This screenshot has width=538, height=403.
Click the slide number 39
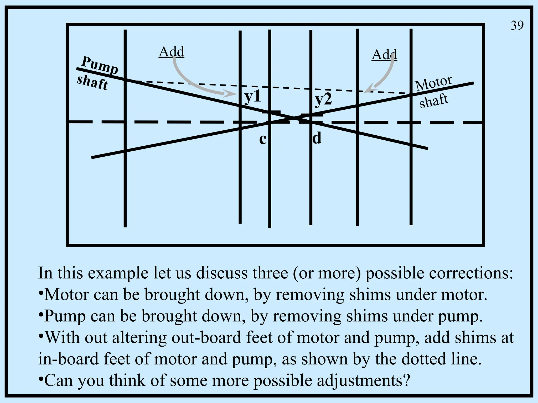(517, 25)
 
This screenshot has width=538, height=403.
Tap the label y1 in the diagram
(253, 97)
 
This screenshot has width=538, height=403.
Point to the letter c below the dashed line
(263, 139)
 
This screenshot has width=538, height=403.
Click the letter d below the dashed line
(317, 138)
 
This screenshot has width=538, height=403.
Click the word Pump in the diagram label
(100, 65)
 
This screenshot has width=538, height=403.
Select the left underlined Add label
(172, 52)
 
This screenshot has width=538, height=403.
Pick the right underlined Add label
(384, 55)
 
